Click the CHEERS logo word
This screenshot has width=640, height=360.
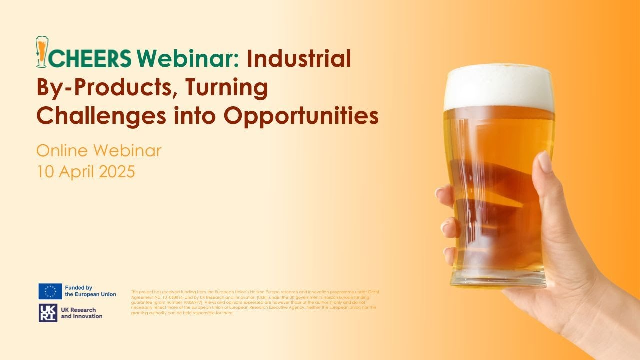90,59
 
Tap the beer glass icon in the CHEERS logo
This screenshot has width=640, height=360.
42,52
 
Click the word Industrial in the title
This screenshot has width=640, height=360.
298,59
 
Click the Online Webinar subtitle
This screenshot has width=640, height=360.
99,150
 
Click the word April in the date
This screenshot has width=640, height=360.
76,172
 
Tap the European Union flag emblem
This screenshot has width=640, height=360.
50,291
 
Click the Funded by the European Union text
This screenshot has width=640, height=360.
90,291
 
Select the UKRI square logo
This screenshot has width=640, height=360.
48,313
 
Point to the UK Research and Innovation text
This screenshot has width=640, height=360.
81,313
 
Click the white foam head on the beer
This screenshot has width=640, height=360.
499,87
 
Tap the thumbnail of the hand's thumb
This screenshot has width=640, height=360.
544,163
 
